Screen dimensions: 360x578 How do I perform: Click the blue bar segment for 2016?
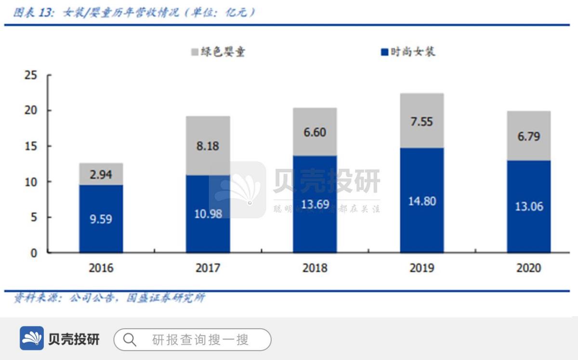(101, 219)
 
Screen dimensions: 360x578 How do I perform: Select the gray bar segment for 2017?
(208, 145)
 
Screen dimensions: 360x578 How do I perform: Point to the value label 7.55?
(421, 121)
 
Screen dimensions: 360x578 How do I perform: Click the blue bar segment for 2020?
(529, 206)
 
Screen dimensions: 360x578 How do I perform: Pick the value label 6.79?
(529, 136)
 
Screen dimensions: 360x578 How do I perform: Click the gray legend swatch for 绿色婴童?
(195, 52)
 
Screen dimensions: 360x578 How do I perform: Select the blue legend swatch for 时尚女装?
(384, 52)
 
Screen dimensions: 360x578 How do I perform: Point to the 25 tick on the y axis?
(30, 75)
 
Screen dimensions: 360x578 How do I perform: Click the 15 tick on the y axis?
(30, 146)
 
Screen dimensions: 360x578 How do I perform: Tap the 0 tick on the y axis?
(34, 253)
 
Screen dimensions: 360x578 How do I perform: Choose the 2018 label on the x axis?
(315, 268)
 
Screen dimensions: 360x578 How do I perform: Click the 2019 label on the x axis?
(421, 268)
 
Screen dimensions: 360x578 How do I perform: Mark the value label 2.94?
(101, 175)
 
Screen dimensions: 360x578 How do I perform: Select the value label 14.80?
(421, 201)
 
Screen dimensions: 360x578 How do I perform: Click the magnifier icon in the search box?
(130, 340)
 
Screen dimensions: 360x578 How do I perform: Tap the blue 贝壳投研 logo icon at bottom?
(32, 338)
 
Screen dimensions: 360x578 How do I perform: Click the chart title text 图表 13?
(34, 13)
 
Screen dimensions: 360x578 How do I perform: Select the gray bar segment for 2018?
(315, 131)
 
